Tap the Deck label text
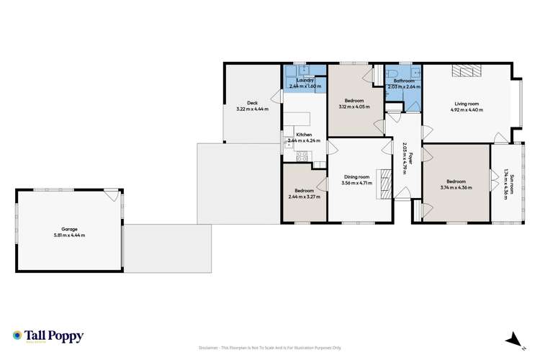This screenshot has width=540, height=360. point(252,103)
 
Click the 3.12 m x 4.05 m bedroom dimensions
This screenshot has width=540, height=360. point(354,107)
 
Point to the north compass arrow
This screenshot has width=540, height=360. point(511,338)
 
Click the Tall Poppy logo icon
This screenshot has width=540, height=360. point(17,336)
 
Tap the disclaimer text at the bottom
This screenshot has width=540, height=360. point(269,347)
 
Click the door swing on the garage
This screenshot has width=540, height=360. point(111,195)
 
